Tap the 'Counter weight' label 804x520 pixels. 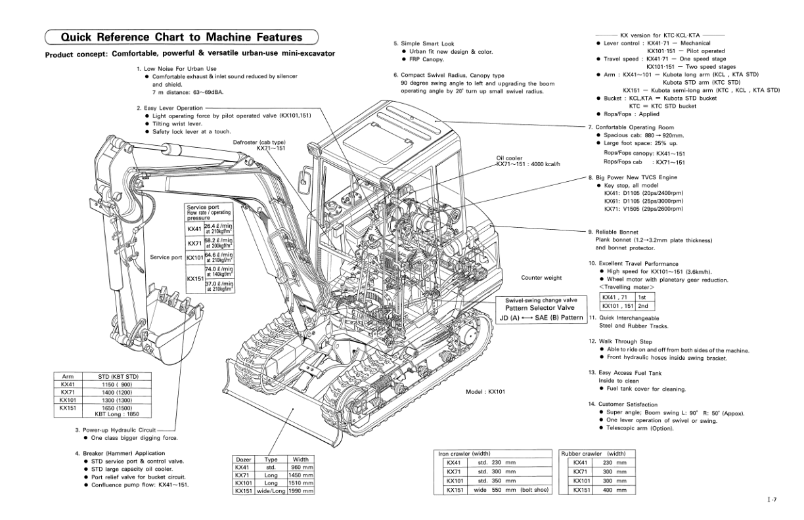[x=541, y=278]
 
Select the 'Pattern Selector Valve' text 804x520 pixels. [x=539, y=307]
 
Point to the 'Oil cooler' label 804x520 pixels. [x=510, y=158]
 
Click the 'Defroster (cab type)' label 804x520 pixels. [x=259, y=142]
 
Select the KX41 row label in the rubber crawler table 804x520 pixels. [x=579, y=462]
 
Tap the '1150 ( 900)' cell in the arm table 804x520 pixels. [x=115, y=384]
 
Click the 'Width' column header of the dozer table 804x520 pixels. [x=301, y=459]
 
